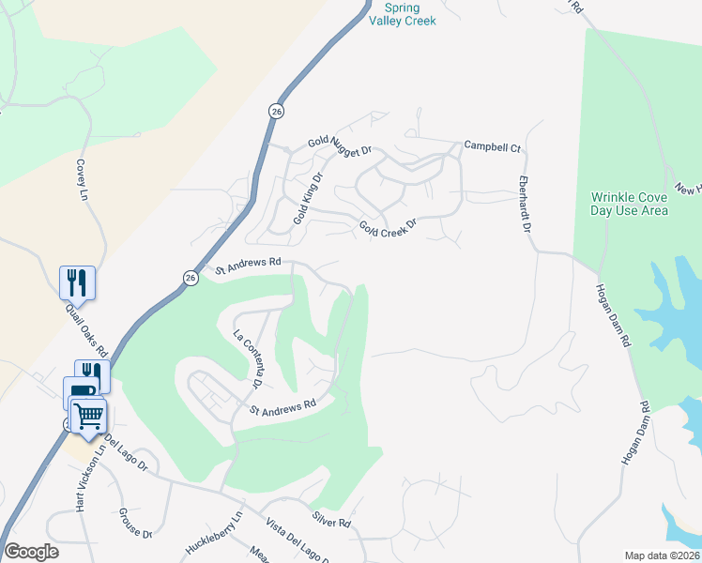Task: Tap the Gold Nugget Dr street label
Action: [x=342, y=145]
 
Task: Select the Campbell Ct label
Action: [x=492, y=148]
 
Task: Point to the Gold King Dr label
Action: [x=307, y=198]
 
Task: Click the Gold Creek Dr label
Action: [x=387, y=229]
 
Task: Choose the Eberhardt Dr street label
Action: [x=526, y=203]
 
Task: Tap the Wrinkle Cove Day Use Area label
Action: [x=629, y=204]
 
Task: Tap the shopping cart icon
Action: [x=89, y=415]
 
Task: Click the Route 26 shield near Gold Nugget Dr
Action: [x=275, y=110]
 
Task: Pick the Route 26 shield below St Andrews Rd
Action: [x=190, y=278]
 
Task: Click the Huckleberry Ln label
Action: [x=215, y=530]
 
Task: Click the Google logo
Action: [x=31, y=552]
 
